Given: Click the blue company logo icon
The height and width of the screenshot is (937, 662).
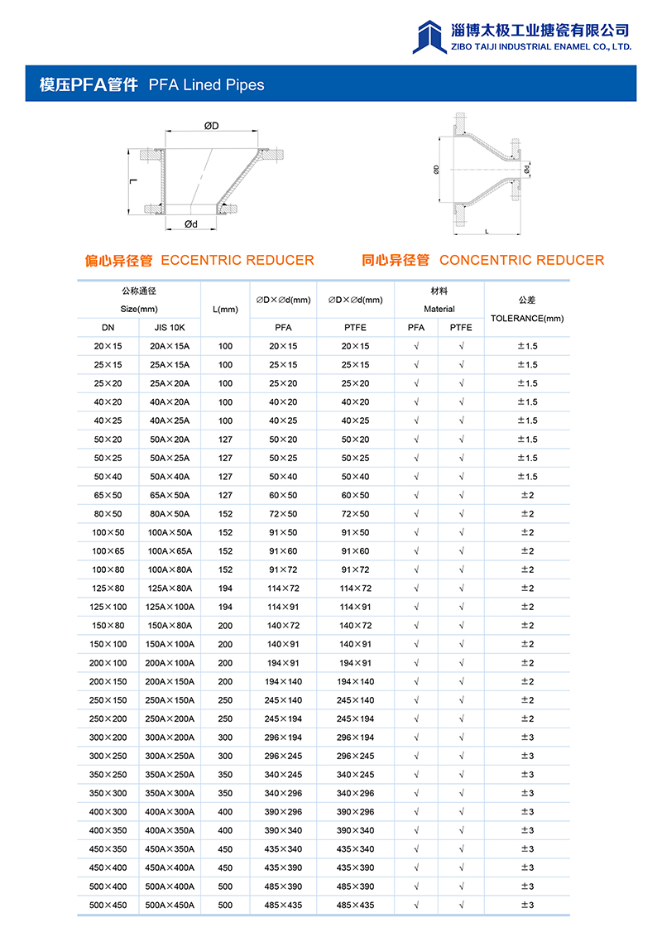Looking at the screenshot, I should pyautogui.click(x=429, y=36).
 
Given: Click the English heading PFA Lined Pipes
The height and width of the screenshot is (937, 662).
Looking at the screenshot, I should pyautogui.click(x=206, y=84).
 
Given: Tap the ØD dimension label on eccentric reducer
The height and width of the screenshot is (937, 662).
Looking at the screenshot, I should pyautogui.click(x=212, y=126).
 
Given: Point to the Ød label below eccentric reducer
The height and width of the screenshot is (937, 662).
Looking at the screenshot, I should pyautogui.click(x=191, y=224).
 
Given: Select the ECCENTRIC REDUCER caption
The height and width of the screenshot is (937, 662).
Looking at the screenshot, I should pyautogui.click(x=237, y=260).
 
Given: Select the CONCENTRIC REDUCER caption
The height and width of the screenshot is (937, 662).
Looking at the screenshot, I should pyautogui.click(x=521, y=260).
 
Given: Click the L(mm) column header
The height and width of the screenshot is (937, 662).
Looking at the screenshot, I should pyautogui.click(x=225, y=310).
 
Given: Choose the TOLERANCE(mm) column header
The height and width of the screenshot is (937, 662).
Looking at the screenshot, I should pyautogui.click(x=527, y=318).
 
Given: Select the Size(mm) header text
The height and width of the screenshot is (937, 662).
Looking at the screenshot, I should pyautogui.click(x=139, y=309).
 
